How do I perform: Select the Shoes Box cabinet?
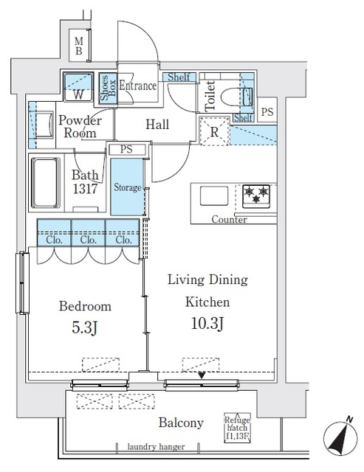click(x=105, y=88)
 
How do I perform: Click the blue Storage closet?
click(x=127, y=188)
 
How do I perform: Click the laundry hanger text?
click(x=155, y=447)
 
